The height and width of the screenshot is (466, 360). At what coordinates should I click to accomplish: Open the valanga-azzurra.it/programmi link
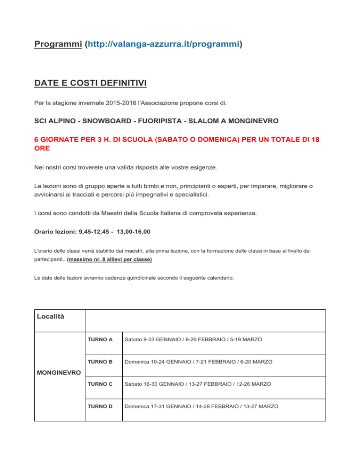click(163, 45)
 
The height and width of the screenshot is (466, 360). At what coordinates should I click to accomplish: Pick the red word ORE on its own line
click(43, 149)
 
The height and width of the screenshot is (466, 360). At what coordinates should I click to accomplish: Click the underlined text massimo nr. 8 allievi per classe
click(110, 259)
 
